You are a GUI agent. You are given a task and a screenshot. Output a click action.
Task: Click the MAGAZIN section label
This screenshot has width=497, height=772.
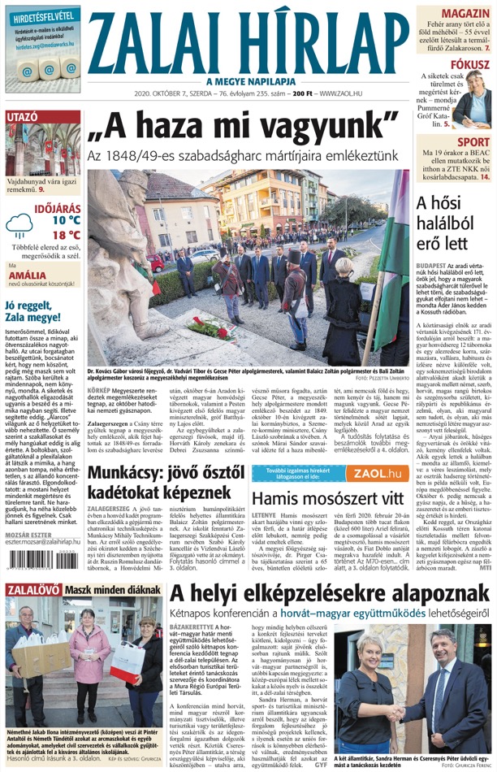pos(465,15)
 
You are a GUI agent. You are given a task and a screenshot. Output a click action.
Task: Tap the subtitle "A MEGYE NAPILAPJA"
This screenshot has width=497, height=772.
pos(249,81)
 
